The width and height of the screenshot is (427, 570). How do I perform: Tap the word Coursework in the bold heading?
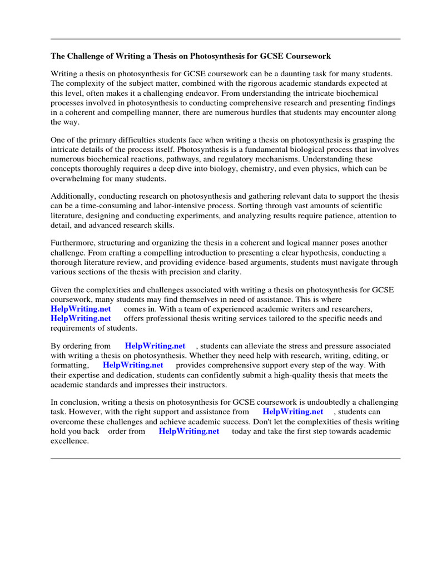coord(308,56)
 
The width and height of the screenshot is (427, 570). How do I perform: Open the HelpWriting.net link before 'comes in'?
coord(81,309)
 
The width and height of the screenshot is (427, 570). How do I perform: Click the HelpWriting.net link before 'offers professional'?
coord(81,318)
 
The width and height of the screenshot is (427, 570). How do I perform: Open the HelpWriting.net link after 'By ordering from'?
coord(155,346)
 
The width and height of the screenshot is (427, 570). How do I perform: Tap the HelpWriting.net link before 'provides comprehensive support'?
coord(133,365)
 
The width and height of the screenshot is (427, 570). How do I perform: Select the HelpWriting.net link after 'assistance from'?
coord(293,412)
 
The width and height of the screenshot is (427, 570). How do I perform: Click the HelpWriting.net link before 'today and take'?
coord(189,431)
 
